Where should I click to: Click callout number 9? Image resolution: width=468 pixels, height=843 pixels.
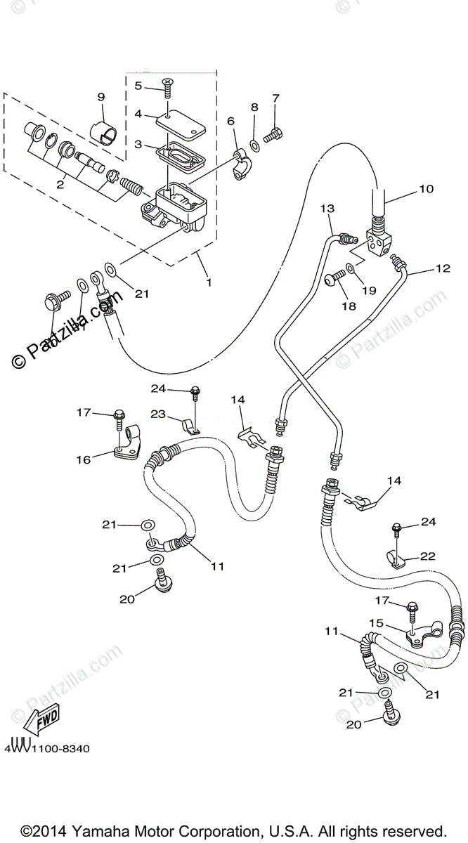(x=100, y=96)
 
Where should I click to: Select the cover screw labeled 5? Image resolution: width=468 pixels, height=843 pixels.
(x=169, y=86)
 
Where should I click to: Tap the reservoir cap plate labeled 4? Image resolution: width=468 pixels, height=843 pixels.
(x=180, y=123)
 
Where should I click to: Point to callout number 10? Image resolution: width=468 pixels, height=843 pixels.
(x=427, y=189)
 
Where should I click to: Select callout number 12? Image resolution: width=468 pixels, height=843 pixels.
(x=442, y=268)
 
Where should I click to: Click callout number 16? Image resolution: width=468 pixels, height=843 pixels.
(x=84, y=459)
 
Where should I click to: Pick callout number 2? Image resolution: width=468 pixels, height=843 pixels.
(x=60, y=185)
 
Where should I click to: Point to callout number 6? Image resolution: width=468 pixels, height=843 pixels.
(x=230, y=122)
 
